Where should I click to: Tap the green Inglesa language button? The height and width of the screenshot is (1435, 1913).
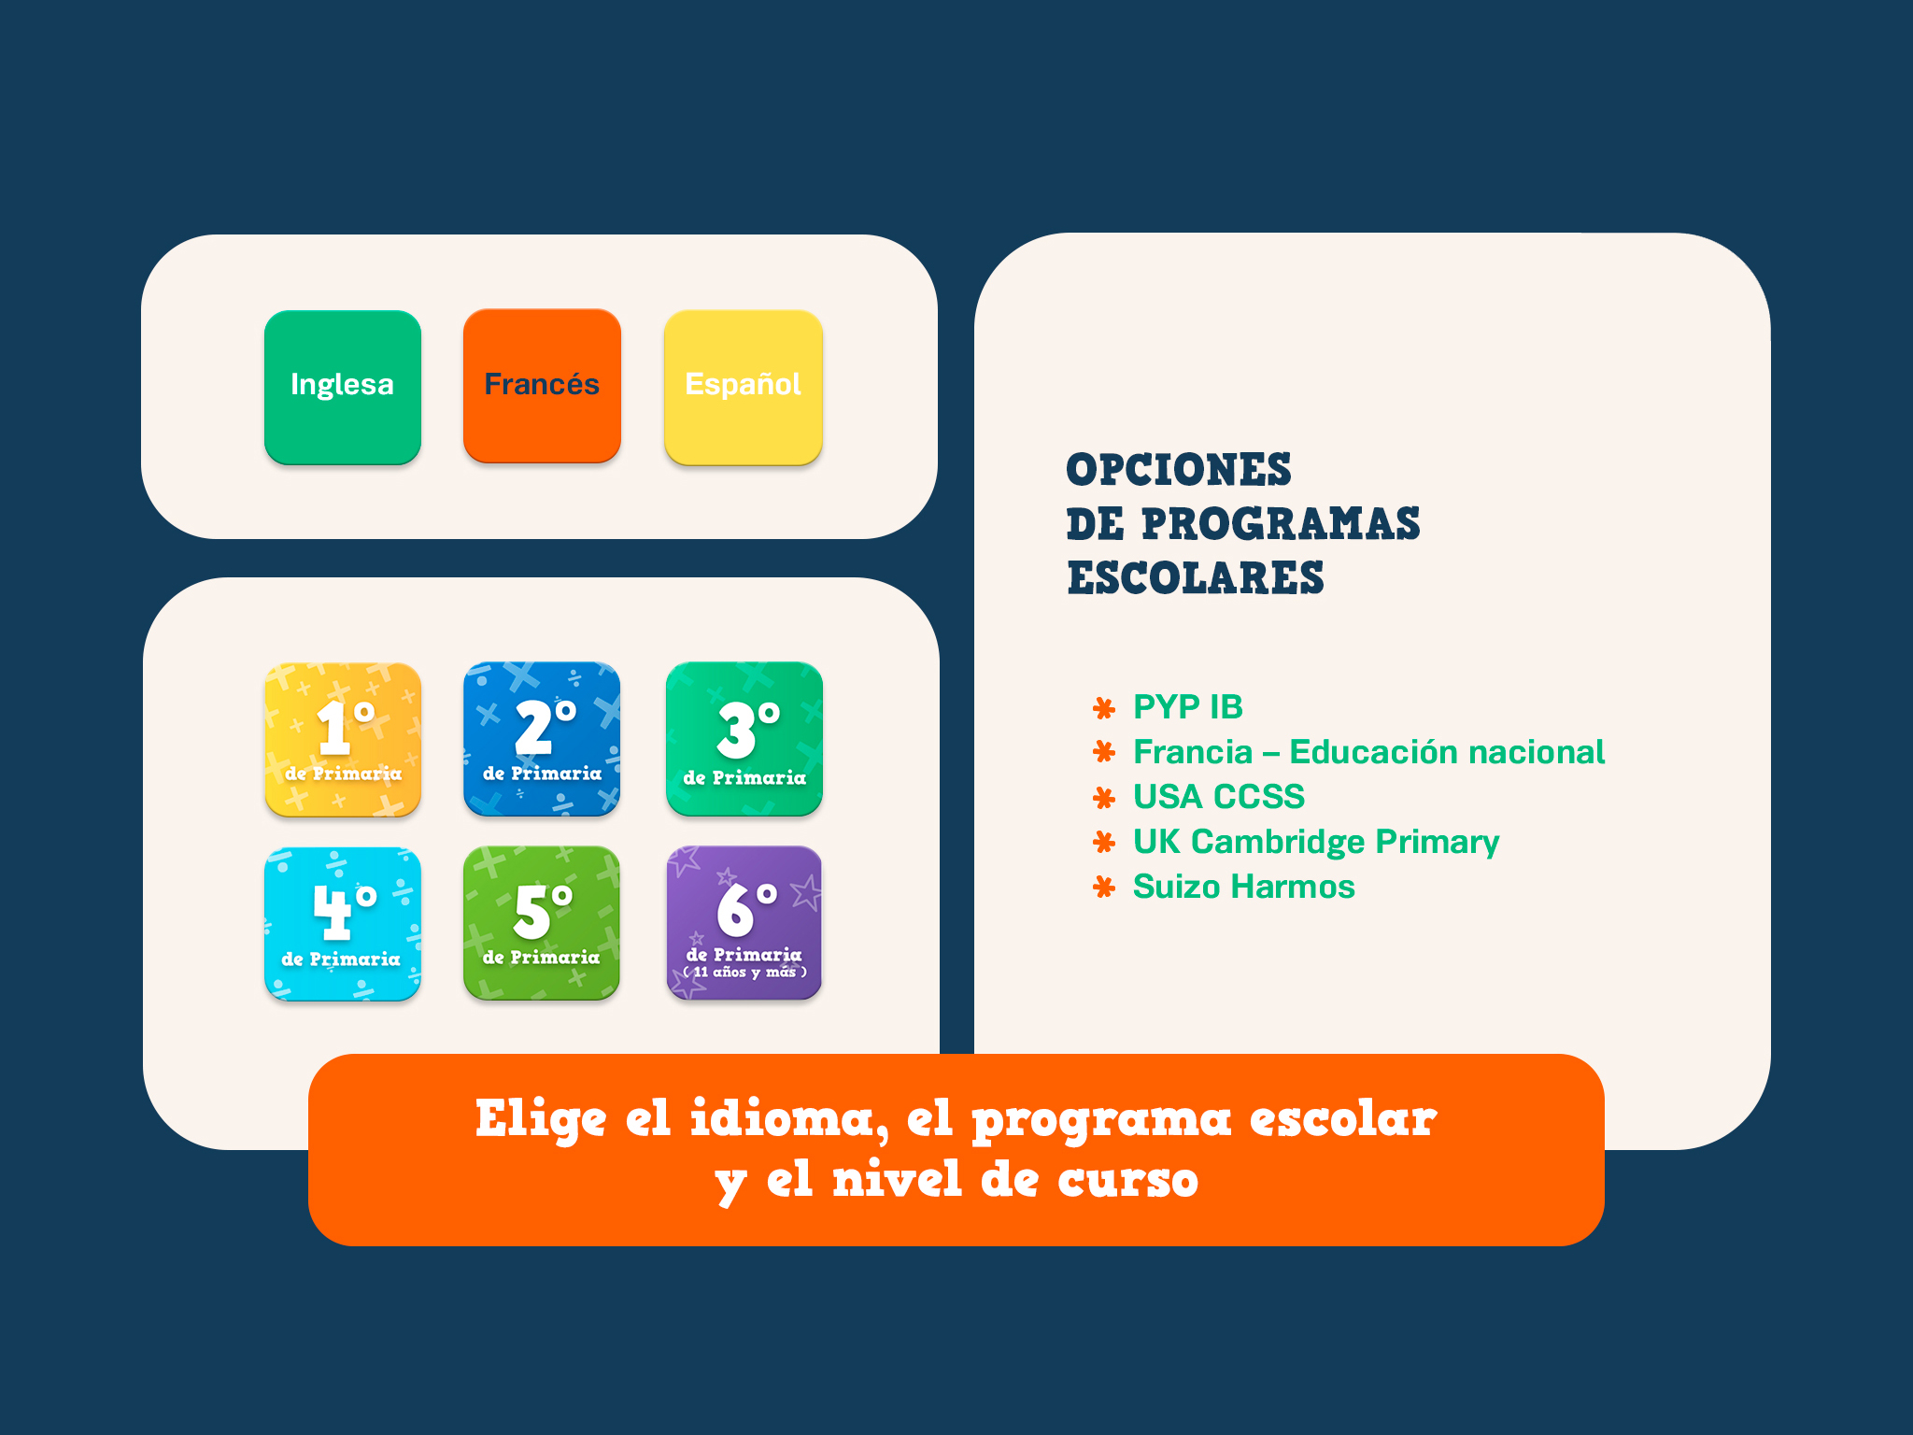pos(343,387)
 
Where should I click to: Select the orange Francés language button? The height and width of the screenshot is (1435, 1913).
pos(542,386)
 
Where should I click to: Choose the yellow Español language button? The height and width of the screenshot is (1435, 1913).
pos(744,387)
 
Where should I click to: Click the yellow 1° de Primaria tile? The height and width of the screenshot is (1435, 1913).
pos(343,739)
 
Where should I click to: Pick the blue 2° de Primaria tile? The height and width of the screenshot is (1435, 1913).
pos(542,739)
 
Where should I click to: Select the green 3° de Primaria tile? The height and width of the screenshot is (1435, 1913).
pos(744,739)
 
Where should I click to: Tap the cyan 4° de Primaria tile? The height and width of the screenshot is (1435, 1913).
pos(343,923)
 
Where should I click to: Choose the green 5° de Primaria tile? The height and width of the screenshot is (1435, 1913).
pos(542,923)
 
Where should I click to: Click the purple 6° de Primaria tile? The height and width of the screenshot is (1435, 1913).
pos(744,923)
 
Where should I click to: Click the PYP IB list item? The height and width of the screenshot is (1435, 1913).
pos(1187,707)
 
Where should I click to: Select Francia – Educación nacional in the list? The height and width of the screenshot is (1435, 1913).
pos(1368,752)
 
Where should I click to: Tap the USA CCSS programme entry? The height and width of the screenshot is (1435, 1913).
pos(1218,797)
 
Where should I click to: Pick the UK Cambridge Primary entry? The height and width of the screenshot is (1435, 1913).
pos(1315,842)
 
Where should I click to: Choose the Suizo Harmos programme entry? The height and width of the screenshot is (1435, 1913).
pos(1243,887)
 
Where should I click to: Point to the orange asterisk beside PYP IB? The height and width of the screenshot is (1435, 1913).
pos(1104,708)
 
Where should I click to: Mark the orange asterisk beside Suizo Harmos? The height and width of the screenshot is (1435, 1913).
pos(1104,888)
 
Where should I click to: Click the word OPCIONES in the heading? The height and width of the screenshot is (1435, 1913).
pos(1179,470)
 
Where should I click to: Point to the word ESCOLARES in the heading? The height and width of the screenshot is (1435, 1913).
pos(1196,578)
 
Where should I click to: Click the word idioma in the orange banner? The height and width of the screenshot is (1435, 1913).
pos(786,1119)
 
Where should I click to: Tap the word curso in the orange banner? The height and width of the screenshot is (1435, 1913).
pos(1127,1180)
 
